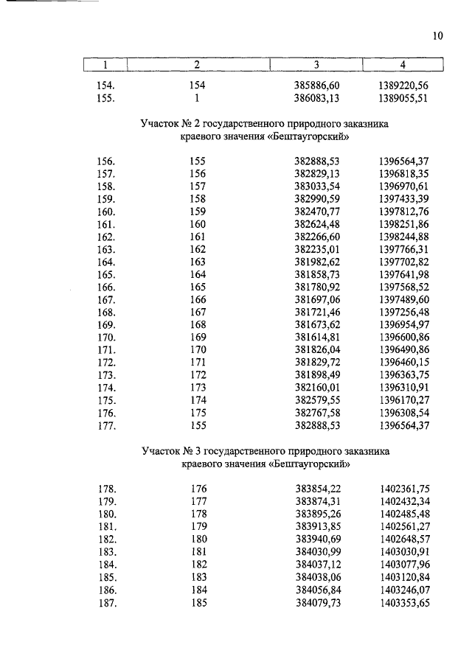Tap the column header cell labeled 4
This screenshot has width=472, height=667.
(403, 66)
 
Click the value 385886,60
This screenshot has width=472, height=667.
(316, 85)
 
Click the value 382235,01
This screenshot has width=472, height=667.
(316, 249)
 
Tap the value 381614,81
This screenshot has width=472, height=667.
(316, 337)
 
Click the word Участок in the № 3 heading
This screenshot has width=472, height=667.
(163, 450)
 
